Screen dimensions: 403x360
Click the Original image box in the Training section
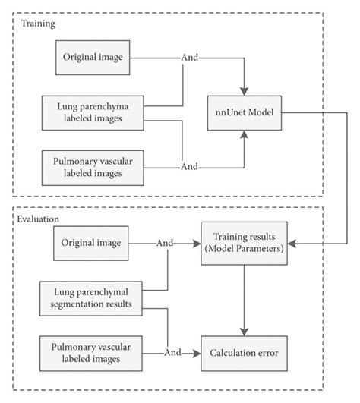[x=93, y=58]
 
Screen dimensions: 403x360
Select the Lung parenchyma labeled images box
[x=93, y=112]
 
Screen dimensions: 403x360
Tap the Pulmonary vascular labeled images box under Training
[x=93, y=167]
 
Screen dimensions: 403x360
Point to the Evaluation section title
[x=37, y=219]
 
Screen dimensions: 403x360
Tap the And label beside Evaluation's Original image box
[x=165, y=244]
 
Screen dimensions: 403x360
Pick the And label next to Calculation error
[x=172, y=354]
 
